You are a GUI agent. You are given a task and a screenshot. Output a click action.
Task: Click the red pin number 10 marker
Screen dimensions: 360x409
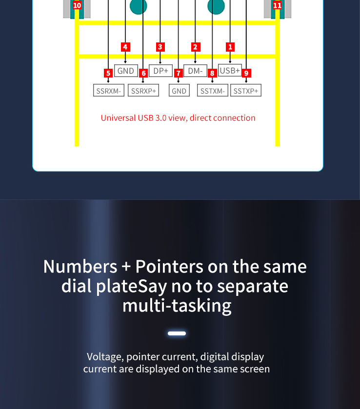pyautogui.click(x=77, y=5)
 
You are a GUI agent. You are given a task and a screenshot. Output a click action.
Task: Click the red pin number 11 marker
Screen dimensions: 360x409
pyautogui.click(x=277, y=5)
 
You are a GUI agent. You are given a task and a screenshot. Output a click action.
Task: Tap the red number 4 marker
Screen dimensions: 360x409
pyautogui.click(x=125, y=47)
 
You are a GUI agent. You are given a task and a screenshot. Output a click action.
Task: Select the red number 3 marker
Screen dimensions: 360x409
pyautogui.click(x=160, y=47)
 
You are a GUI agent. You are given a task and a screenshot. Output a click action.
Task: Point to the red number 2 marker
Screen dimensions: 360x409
pyautogui.click(x=195, y=47)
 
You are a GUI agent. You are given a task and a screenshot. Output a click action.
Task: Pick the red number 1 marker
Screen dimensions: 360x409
pyautogui.click(x=230, y=47)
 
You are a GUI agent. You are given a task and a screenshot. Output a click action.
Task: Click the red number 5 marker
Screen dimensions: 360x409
pyautogui.click(x=108, y=73)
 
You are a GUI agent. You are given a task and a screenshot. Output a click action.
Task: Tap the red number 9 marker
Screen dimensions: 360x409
pyautogui.click(x=246, y=73)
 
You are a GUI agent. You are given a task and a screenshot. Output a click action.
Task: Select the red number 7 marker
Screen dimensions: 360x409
pyautogui.click(x=179, y=73)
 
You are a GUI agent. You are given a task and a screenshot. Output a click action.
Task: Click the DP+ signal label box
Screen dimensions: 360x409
pyautogui.click(x=160, y=71)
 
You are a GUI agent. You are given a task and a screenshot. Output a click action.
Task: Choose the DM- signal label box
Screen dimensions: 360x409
pyautogui.click(x=195, y=71)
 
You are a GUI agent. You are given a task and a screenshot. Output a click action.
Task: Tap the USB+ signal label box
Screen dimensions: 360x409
pyautogui.click(x=230, y=70)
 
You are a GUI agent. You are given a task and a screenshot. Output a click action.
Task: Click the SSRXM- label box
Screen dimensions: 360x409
pyautogui.click(x=109, y=90)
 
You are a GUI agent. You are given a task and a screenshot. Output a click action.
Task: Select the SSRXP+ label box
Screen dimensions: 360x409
pyautogui.click(x=143, y=90)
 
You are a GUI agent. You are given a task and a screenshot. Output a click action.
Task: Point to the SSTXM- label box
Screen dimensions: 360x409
pyautogui.click(x=213, y=90)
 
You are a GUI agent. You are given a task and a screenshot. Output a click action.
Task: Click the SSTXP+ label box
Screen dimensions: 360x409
pyautogui.click(x=246, y=90)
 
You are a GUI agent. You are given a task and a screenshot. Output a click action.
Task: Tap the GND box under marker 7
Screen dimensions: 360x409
pyautogui.click(x=179, y=90)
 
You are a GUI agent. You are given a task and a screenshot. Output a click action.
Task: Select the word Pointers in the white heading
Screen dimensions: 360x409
pyautogui.click(x=169, y=267)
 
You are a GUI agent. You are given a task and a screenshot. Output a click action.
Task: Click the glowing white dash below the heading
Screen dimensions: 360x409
pyautogui.click(x=177, y=333)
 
